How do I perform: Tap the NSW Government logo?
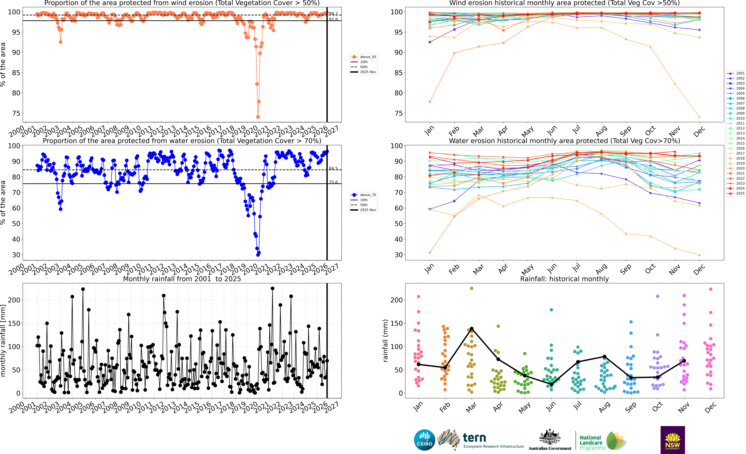672,440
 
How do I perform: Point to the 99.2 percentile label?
333,14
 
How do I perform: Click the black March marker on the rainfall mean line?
471,329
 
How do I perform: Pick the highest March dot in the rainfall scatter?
471,288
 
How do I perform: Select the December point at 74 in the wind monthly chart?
699,117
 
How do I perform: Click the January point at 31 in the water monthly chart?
430,252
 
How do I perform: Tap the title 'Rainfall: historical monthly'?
564,279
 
